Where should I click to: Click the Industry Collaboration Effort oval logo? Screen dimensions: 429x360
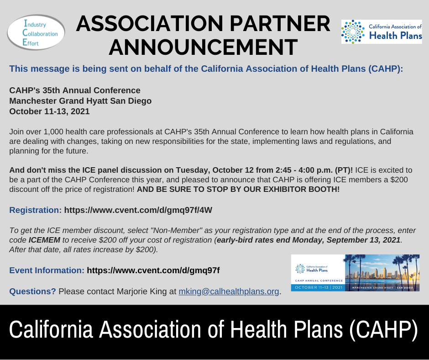point(36,32)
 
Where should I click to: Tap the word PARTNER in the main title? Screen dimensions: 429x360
point(280,24)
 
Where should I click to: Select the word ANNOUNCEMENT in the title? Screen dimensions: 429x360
point(203,48)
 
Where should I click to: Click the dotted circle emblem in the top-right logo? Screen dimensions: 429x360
point(353,32)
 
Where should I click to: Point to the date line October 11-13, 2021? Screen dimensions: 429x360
point(50,111)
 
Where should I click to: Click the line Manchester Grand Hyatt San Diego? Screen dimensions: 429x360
point(80,101)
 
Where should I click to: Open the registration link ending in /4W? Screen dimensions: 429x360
point(138,210)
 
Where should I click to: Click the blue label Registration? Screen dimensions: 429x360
point(36,210)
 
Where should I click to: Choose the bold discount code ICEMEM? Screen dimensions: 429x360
point(44,240)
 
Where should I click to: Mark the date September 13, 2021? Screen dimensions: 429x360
point(363,240)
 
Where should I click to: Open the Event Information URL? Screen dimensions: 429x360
point(153,270)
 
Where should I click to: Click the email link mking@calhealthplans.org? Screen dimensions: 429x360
point(229,291)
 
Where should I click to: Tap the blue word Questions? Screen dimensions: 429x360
point(32,291)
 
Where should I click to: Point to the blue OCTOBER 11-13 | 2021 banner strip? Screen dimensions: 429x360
point(318,287)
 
